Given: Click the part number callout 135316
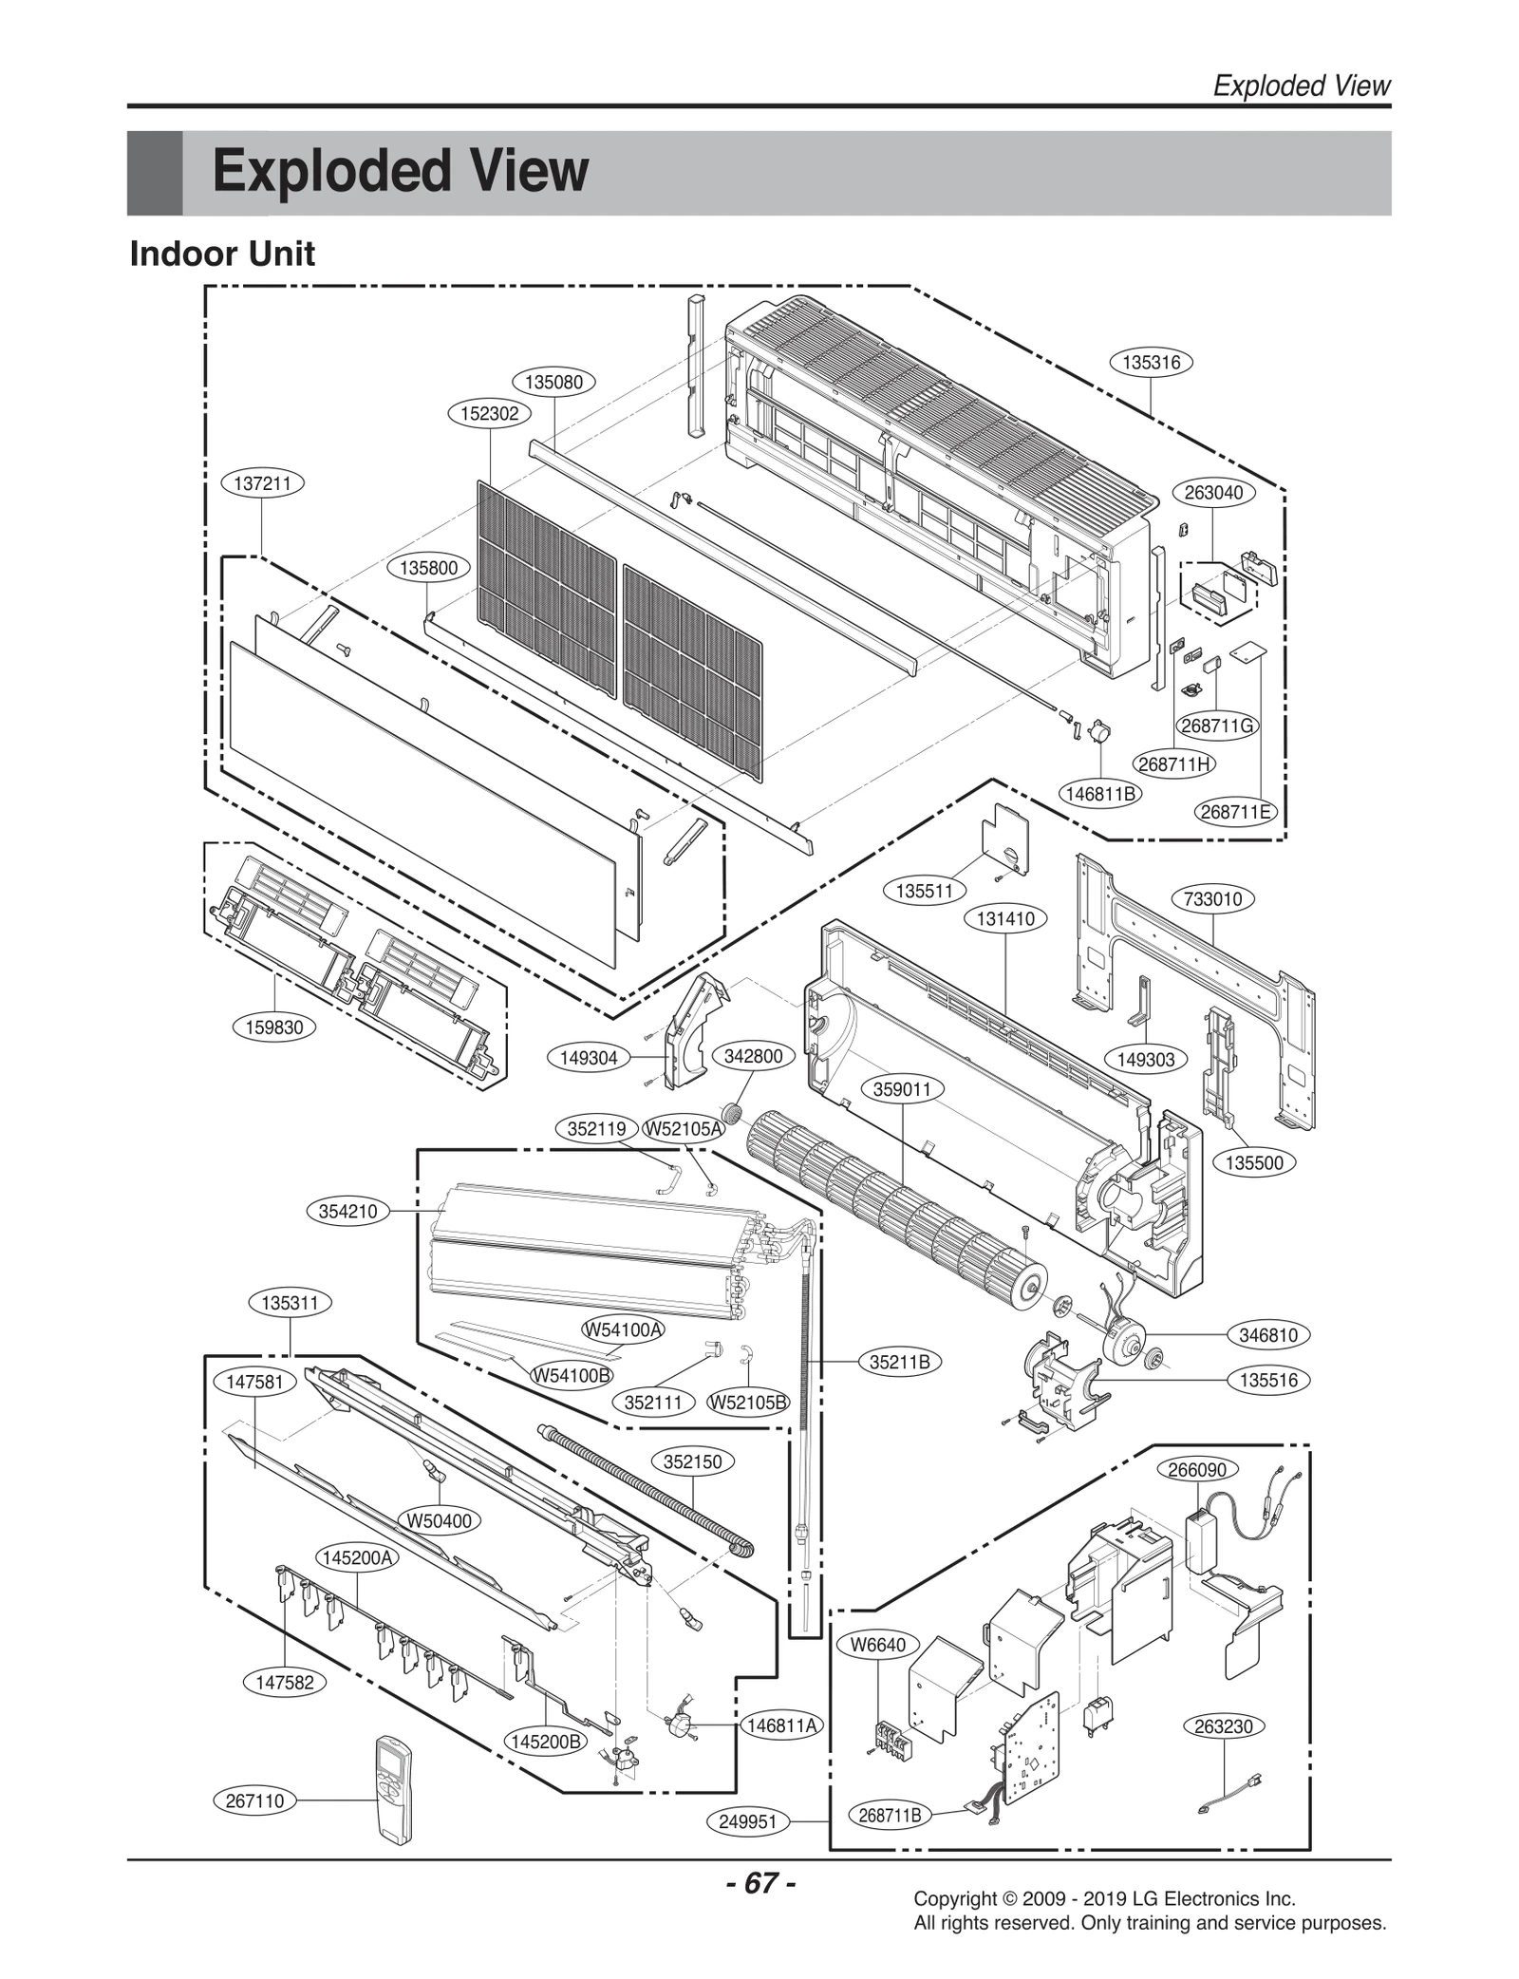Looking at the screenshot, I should click(x=1151, y=363).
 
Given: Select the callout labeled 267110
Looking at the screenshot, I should click(x=254, y=1800).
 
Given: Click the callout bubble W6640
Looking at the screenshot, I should click(x=878, y=1645).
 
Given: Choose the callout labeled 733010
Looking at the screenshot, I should click(x=1212, y=898).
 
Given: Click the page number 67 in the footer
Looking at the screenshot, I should click(x=760, y=1882).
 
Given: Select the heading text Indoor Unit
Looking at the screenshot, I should click(x=222, y=254).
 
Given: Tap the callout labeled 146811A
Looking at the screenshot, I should click(x=782, y=1725).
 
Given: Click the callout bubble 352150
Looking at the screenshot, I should click(x=693, y=1461).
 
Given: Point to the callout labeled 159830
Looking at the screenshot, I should click(x=274, y=1027).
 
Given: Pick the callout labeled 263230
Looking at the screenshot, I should click(x=1224, y=1726).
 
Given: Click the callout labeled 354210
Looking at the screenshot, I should click(x=348, y=1211).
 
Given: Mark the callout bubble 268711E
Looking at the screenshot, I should click(x=1235, y=812).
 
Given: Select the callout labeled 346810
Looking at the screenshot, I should click(x=1268, y=1335).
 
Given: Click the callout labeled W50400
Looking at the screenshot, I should click(x=440, y=1520).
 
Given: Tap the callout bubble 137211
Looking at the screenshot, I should click(x=263, y=483).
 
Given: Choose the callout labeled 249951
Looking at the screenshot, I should click(x=748, y=1821).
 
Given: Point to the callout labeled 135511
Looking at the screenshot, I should click(x=925, y=891).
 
